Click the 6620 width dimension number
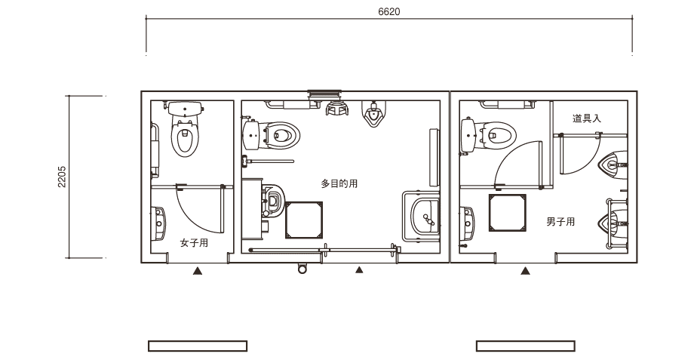tap(389, 12)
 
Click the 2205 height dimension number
tap(62, 177)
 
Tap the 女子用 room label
tap(194, 243)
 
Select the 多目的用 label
tap(339, 183)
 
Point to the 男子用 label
tap(560, 221)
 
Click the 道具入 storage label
tap(586, 118)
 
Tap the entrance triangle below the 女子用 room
tap(198, 270)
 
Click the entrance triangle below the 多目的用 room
tap(359, 269)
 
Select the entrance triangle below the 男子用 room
tap(525, 270)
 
